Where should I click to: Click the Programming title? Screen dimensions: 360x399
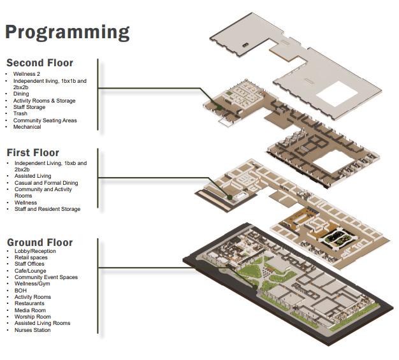coord(67,32)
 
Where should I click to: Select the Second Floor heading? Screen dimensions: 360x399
coord(40,63)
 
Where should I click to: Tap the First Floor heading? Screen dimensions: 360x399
coord(33,153)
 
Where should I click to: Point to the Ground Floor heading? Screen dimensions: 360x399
coord(40,243)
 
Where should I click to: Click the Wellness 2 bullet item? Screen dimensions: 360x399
coord(27,74)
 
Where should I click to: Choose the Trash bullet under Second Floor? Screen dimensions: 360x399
coord(20,113)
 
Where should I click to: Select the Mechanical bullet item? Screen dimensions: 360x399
coord(27,127)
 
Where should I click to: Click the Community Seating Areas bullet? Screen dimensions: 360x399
coord(45,120)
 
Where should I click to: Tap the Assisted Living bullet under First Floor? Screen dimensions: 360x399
coord(33,176)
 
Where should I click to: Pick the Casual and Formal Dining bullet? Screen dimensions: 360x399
coord(46,183)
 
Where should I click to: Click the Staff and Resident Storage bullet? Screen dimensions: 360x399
coord(47,209)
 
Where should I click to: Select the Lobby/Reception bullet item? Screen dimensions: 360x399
coord(36,251)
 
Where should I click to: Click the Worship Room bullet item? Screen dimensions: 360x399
coord(33,317)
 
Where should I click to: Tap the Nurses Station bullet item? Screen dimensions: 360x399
coord(33,330)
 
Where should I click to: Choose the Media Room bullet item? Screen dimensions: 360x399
coord(30,310)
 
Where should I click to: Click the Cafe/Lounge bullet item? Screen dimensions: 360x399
coord(30,271)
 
